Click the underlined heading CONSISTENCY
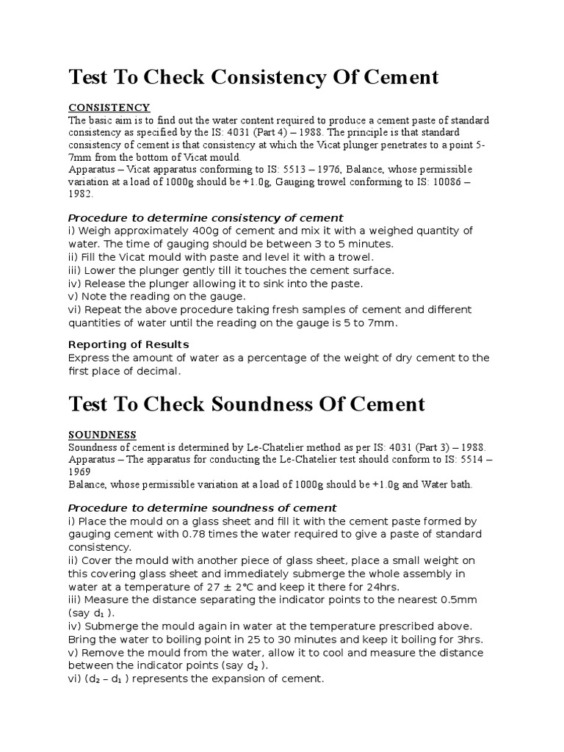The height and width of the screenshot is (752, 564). (x=109, y=108)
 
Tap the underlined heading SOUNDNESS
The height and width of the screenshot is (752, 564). (x=102, y=435)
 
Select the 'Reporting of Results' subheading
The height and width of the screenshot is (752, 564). (x=129, y=344)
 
